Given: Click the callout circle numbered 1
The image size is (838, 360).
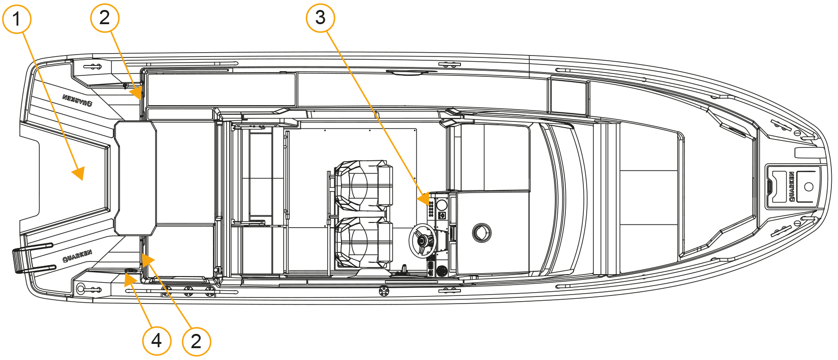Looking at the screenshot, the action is (x=17, y=19).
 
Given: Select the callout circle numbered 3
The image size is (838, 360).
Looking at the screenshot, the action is (x=321, y=18).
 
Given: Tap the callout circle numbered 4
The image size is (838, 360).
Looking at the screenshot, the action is (x=157, y=340).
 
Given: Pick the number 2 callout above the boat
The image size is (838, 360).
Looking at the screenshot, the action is (x=105, y=18).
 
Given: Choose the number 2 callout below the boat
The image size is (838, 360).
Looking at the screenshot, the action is (x=196, y=341).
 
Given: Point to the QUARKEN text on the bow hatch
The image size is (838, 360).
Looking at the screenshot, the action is (x=792, y=186).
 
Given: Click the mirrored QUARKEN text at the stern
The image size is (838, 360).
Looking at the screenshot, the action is (x=77, y=100).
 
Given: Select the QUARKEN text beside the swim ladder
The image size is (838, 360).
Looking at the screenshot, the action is (x=77, y=256).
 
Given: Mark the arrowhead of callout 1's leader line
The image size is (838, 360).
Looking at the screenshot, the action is (x=79, y=174).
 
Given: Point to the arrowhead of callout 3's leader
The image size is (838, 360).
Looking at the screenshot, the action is (x=424, y=198).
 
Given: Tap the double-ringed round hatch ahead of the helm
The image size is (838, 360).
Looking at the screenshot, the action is (x=482, y=233).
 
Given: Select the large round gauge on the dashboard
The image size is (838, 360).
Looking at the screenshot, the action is (x=442, y=205).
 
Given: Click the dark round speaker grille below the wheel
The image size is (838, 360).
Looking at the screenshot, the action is (x=442, y=271).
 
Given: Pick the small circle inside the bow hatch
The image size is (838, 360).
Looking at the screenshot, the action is (x=809, y=186).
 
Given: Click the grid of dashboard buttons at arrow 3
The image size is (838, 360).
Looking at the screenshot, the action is (x=431, y=209).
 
